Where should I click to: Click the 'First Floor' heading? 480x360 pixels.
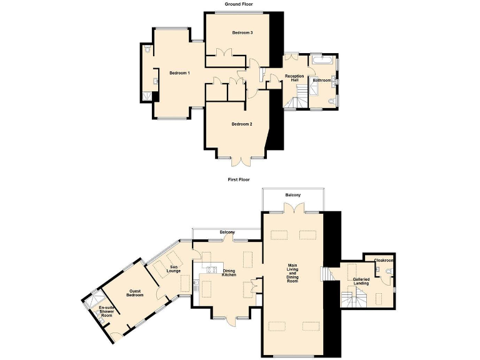[x=239, y=179]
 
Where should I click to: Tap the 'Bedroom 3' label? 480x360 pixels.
[x=242, y=32]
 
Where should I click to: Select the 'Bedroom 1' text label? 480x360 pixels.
[x=179, y=73]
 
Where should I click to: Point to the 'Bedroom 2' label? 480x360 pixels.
[x=242, y=124]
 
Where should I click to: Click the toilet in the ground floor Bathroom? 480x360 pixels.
[x=332, y=100]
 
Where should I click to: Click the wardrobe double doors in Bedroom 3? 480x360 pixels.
[x=224, y=55]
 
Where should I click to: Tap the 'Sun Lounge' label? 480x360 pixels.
[x=174, y=269]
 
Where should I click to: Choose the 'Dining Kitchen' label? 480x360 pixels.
[x=229, y=273]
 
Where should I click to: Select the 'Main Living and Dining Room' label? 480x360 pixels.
[x=292, y=273]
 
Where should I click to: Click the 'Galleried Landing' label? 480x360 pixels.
[x=361, y=281]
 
